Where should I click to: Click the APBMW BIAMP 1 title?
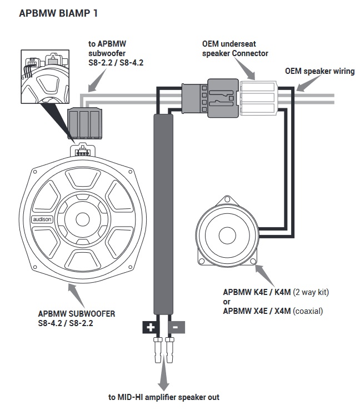[x=58, y=13]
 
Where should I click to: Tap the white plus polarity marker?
[x=151, y=327]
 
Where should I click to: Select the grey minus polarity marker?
[x=176, y=327]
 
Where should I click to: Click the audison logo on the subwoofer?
[x=42, y=219]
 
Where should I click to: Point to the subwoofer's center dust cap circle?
[x=83, y=219]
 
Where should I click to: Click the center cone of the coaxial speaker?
[x=226, y=235]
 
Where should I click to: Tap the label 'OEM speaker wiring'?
[x=320, y=71]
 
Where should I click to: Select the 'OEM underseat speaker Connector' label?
[x=235, y=48]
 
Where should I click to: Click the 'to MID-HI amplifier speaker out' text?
[x=164, y=397]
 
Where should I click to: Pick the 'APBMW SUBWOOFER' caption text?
[x=77, y=314]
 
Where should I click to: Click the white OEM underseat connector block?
[x=258, y=98]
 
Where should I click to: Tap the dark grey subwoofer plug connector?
[x=84, y=123]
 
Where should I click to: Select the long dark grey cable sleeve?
[x=163, y=214]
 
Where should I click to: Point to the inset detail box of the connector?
[x=45, y=77]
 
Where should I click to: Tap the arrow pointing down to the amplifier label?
[x=163, y=373]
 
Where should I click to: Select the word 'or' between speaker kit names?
[x=227, y=302]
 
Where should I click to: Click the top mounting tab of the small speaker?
[x=227, y=199]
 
